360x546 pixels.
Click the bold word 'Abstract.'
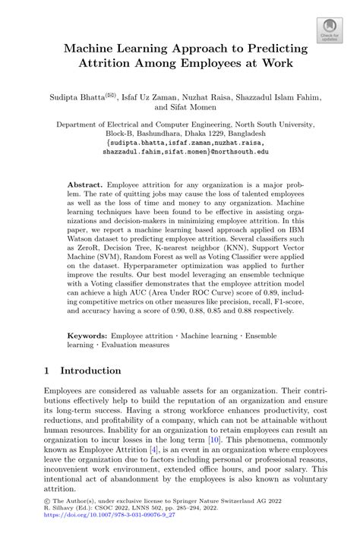[x=86, y=185]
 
